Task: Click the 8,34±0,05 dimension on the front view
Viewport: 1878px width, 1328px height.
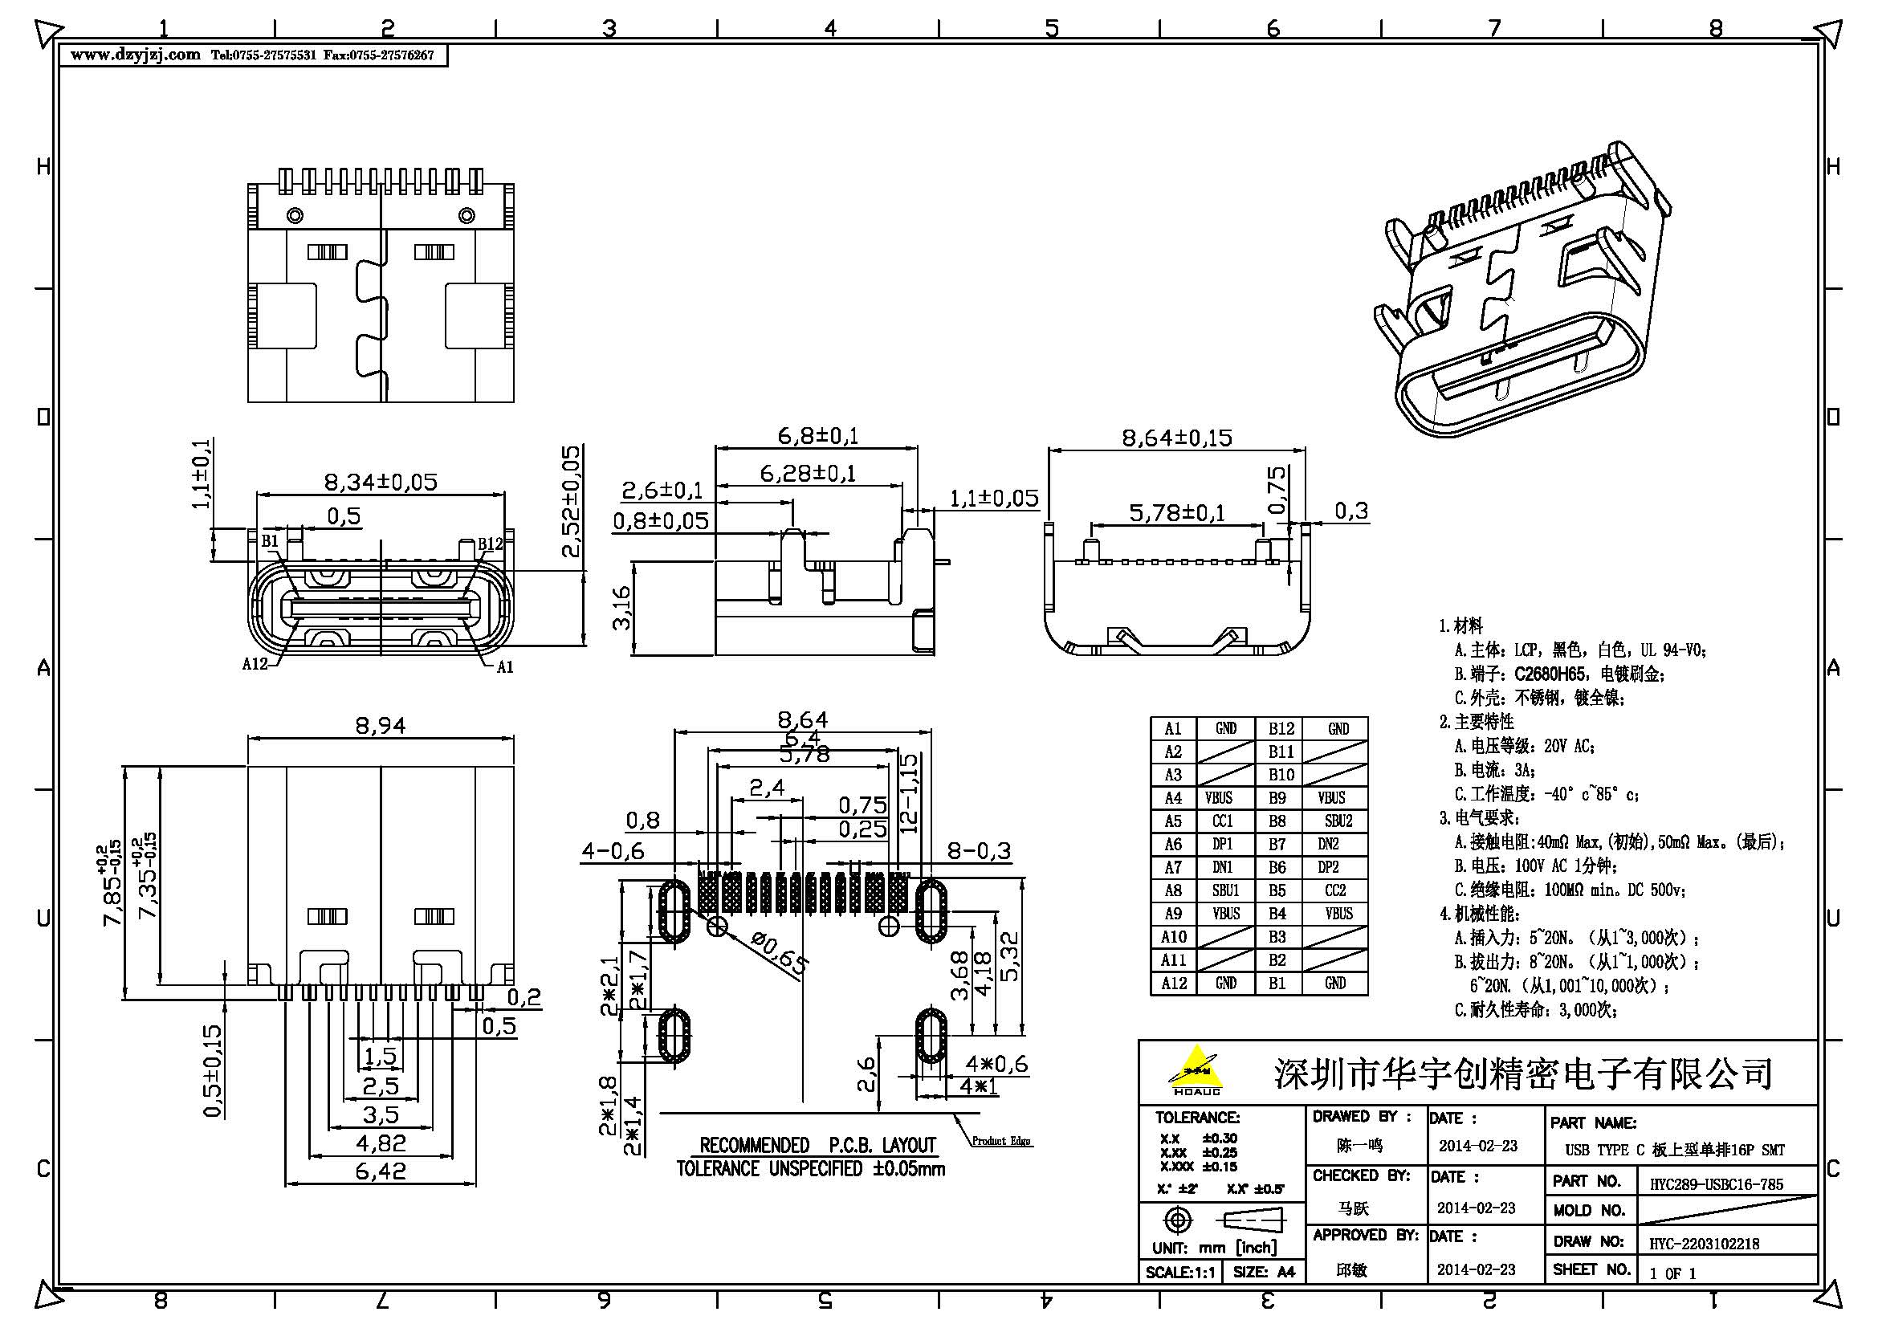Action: click(x=381, y=482)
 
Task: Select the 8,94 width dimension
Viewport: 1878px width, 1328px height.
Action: click(x=381, y=725)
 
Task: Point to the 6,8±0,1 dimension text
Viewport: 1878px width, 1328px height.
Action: click(x=817, y=436)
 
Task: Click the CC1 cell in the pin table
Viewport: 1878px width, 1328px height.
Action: click(x=1223, y=821)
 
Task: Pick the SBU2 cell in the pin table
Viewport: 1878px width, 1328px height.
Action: click(x=1338, y=821)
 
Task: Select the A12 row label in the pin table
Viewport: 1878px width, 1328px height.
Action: click(x=1173, y=983)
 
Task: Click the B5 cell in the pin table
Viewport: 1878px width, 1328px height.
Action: click(x=1277, y=890)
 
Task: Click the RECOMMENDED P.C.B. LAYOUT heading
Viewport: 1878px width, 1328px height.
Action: click(x=817, y=1145)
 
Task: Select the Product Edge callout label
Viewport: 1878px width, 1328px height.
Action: click(x=1001, y=1141)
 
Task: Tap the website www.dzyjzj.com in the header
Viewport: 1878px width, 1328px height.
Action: click(x=135, y=55)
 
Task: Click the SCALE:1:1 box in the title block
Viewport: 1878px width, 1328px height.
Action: click(x=1179, y=1273)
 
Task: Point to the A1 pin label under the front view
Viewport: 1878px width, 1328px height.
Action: click(x=505, y=667)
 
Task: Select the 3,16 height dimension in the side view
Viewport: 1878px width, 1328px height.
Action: click(x=621, y=608)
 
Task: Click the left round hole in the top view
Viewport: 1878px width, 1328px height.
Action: click(x=295, y=216)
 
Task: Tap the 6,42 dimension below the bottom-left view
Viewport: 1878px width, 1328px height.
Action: click(x=381, y=1171)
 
